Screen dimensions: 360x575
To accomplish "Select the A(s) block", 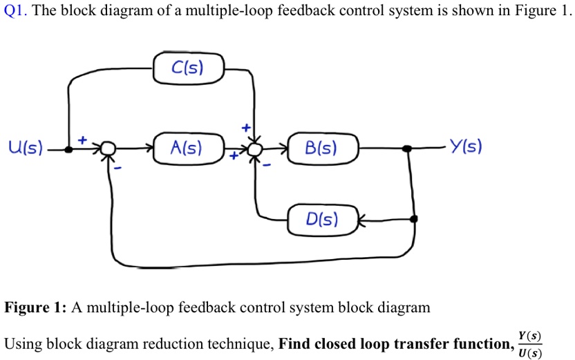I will pos(187,148).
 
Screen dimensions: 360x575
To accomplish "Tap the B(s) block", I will pos(321,148).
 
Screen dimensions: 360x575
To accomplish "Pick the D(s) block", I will pos(322,220).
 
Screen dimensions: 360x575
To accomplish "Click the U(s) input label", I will pos(25,148).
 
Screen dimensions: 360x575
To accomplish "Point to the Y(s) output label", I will pos(465,147).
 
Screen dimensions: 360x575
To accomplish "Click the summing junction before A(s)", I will pos(108,149).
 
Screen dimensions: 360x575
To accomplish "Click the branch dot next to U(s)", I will pos(68,149).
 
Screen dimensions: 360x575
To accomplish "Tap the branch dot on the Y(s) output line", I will pos(408,148).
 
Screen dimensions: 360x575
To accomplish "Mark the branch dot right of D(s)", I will pos(414,219).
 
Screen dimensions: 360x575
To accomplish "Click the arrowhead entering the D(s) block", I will pos(360,220).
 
